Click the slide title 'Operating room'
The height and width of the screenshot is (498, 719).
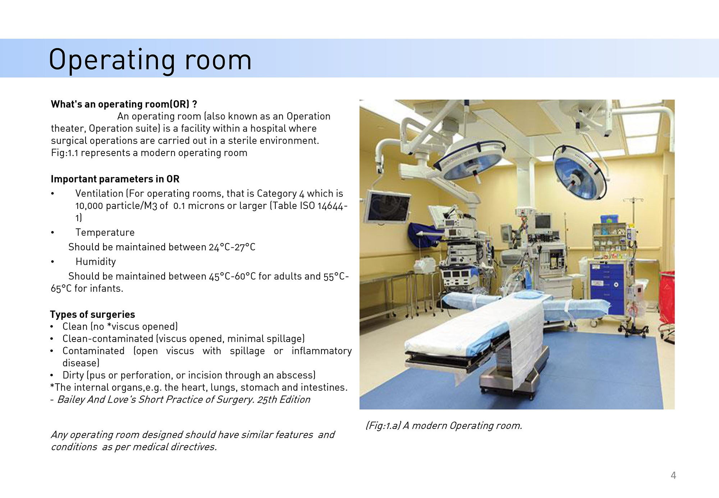click(150, 60)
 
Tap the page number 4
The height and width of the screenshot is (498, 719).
click(673, 475)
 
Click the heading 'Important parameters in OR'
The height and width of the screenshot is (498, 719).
click(115, 179)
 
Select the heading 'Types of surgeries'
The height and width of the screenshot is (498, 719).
click(92, 315)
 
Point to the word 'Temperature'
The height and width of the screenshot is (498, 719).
click(105, 233)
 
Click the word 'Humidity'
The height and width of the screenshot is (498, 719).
click(96, 262)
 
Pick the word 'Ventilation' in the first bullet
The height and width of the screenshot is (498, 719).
click(99, 193)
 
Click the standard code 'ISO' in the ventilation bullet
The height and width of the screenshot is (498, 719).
click(307, 206)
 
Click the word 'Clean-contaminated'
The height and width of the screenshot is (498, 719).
click(108, 339)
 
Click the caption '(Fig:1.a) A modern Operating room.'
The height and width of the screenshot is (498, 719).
click(444, 426)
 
